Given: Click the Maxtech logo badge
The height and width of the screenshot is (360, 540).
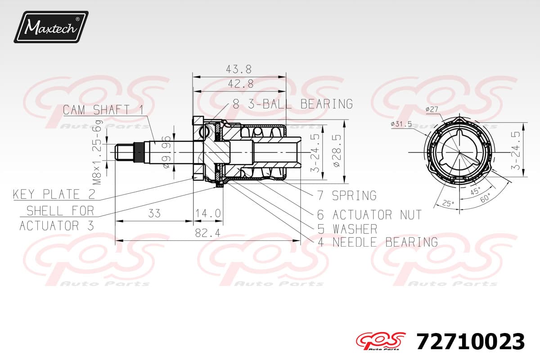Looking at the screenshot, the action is coord(51,27).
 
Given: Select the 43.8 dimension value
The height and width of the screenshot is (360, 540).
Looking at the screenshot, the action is coord(238,69).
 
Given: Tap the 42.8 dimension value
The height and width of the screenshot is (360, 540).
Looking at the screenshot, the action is coord(241,84).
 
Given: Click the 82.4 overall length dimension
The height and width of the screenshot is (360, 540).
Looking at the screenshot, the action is coord(207,233).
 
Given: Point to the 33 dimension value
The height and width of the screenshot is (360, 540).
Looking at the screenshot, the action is coord(154,213).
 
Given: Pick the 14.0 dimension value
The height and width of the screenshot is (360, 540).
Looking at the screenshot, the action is coord(208,213).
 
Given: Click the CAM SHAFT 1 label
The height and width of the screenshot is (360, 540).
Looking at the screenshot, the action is coord(103,110).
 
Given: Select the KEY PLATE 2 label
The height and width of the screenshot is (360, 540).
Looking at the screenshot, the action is coord(54,194).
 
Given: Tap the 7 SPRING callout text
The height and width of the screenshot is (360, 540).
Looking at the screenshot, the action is coord(347,195).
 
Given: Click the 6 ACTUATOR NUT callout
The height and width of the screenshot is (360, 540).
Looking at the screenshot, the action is coord(369,215).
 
